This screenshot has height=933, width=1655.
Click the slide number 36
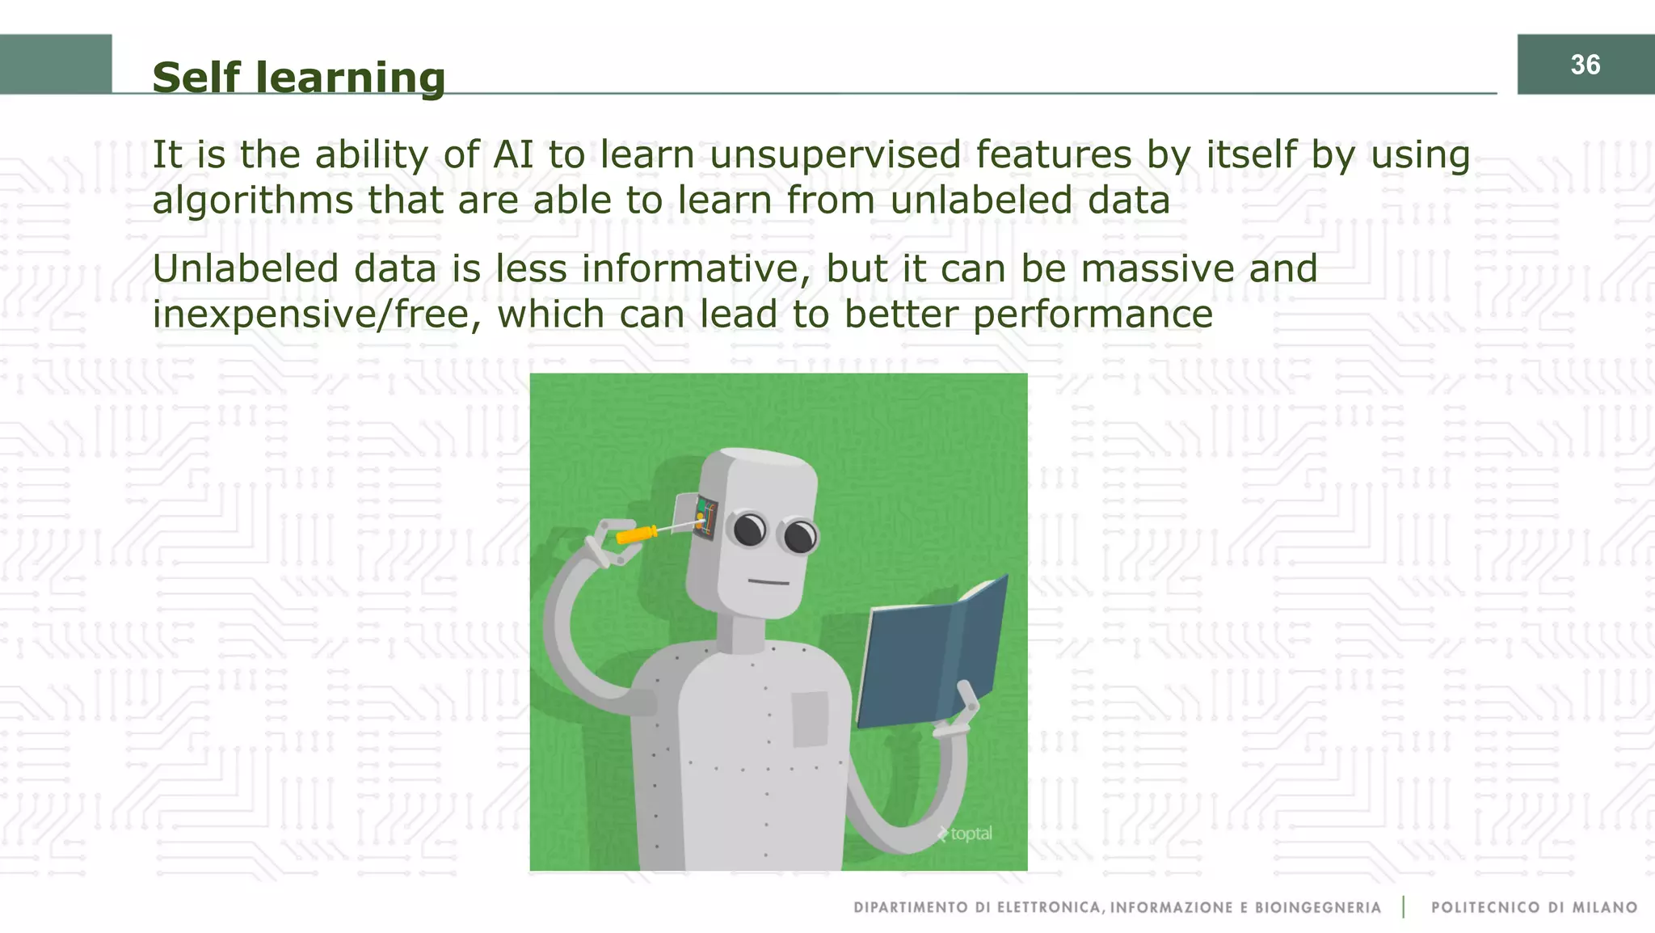(1585, 65)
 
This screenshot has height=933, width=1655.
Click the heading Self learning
(298, 78)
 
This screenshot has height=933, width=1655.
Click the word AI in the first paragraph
(514, 154)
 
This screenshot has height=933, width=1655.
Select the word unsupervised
(836, 154)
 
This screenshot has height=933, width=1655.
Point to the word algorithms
(253, 201)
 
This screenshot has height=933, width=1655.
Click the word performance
(1093, 315)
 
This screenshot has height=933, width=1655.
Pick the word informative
(696, 268)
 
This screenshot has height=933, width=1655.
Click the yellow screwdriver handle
(637, 534)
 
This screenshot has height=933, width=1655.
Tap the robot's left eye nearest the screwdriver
(749, 530)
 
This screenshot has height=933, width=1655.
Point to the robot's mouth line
(768, 581)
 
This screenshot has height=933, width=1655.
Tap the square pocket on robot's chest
(810, 719)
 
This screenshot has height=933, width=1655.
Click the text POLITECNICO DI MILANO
(1534, 907)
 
